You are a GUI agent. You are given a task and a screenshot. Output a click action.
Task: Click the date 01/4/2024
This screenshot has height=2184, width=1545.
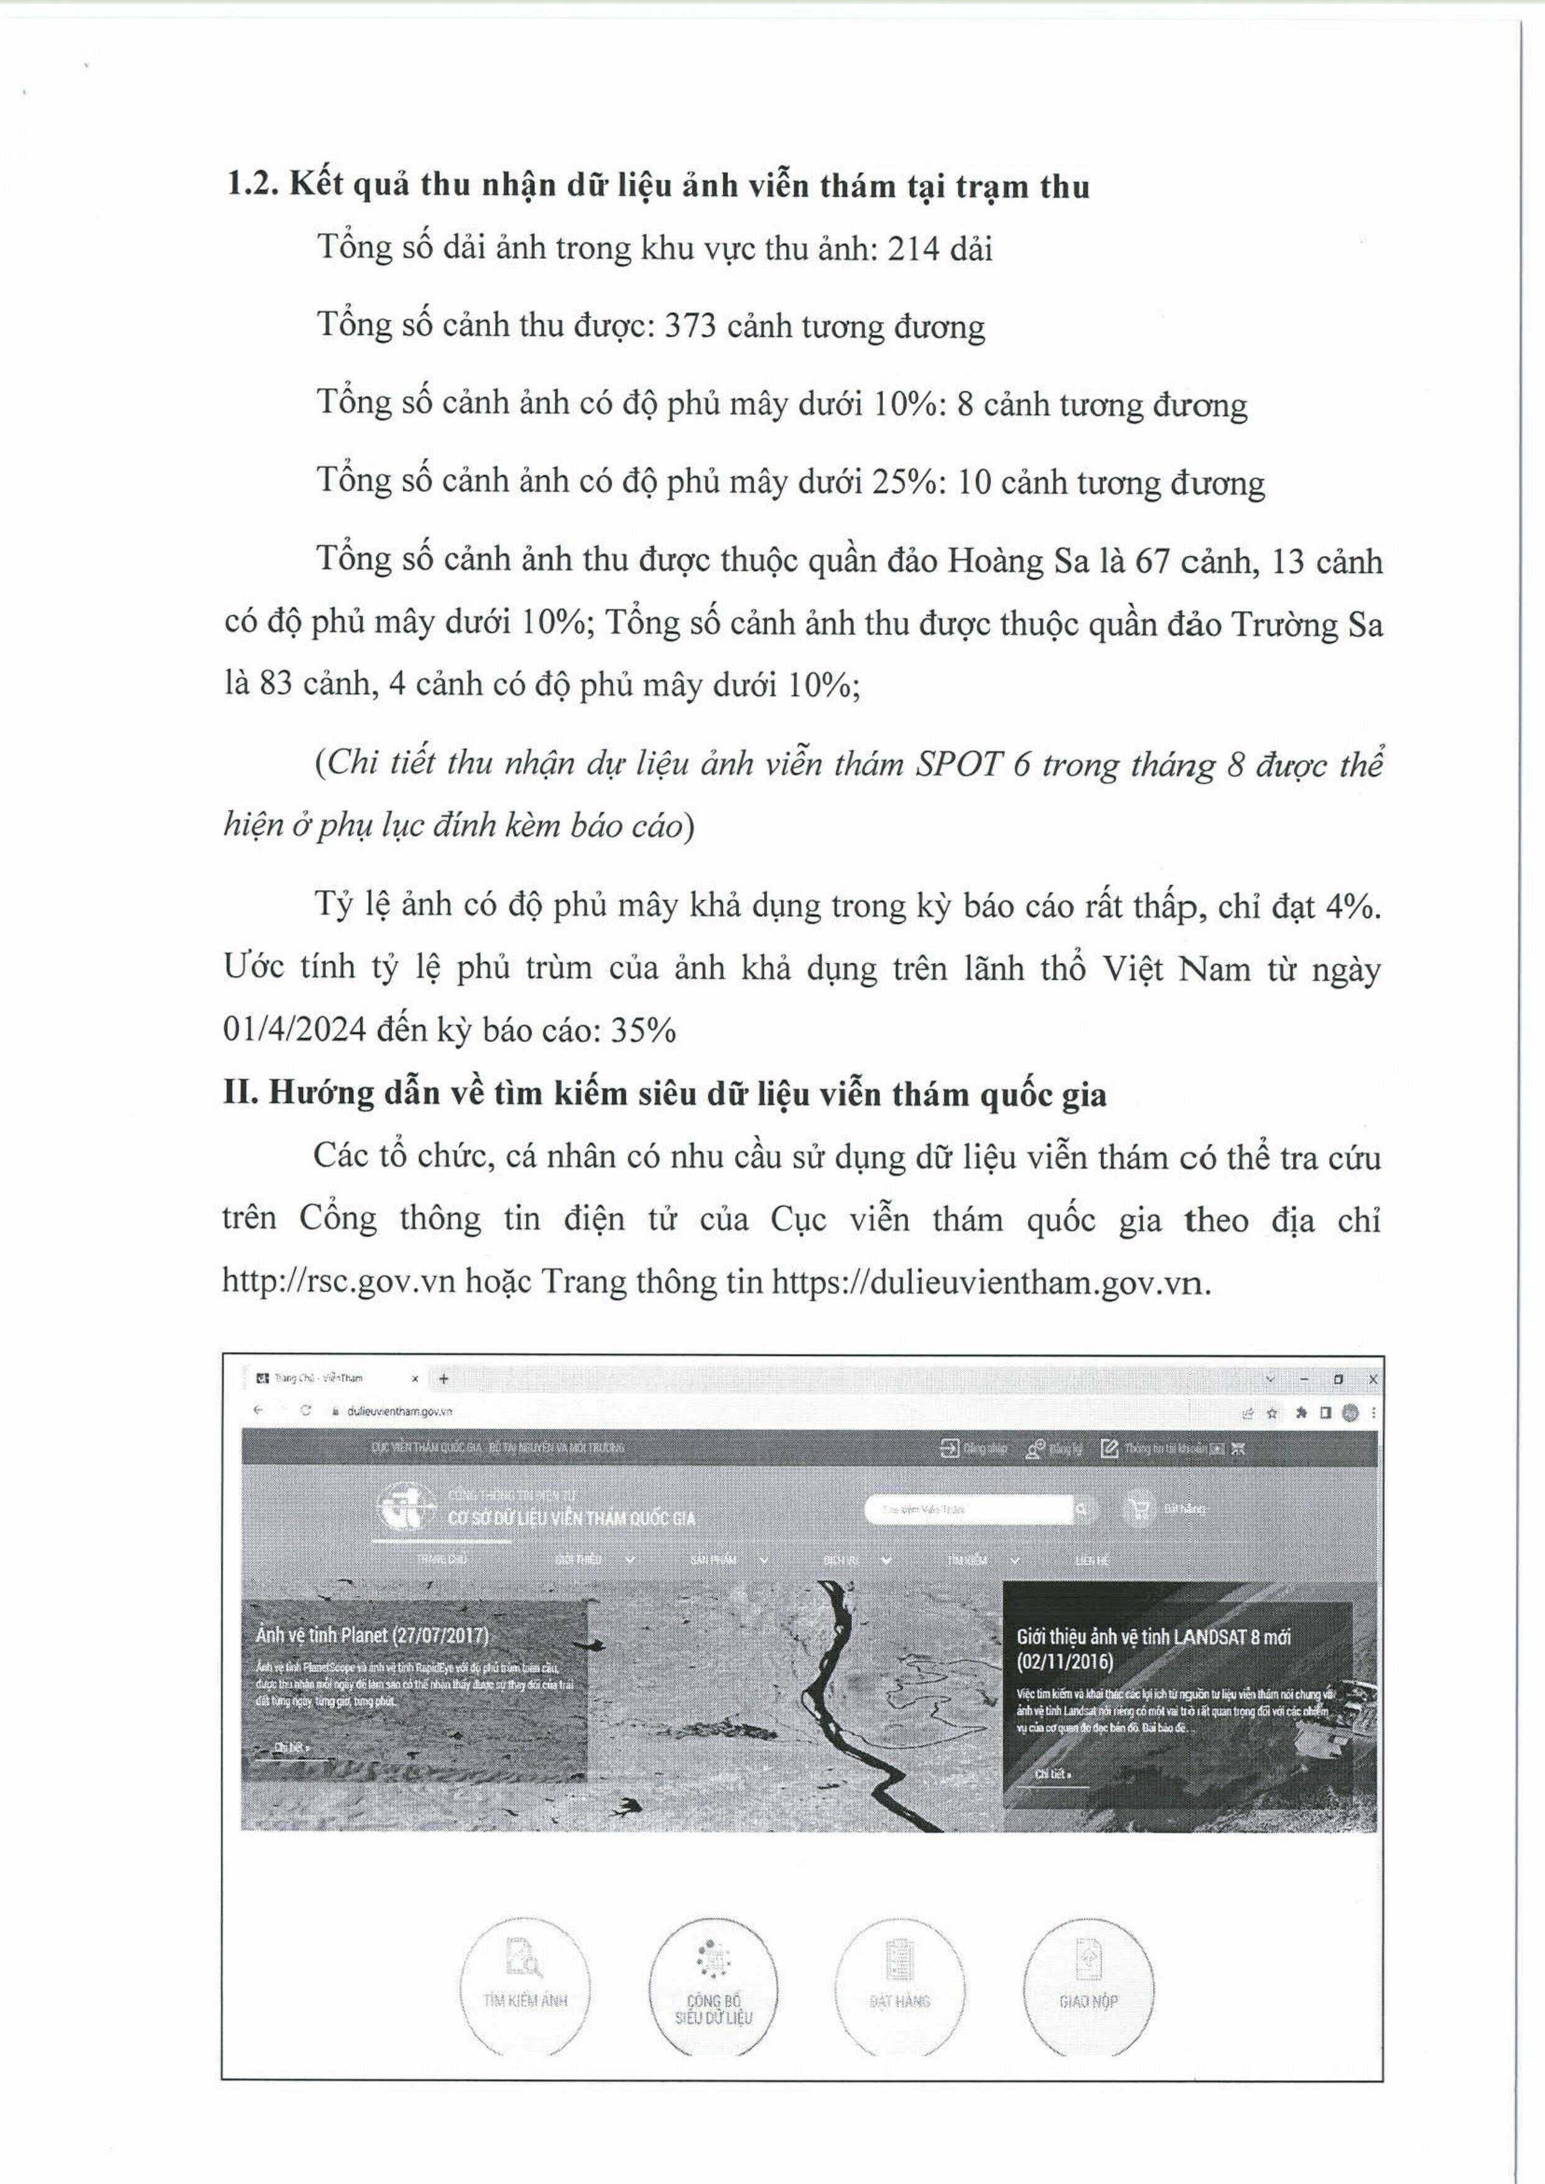(294, 1030)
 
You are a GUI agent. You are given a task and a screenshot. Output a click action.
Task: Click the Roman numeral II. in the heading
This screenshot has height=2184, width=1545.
(242, 1094)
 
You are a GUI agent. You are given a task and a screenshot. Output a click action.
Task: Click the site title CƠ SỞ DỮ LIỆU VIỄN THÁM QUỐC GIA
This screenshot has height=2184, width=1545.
(571, 1518)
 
